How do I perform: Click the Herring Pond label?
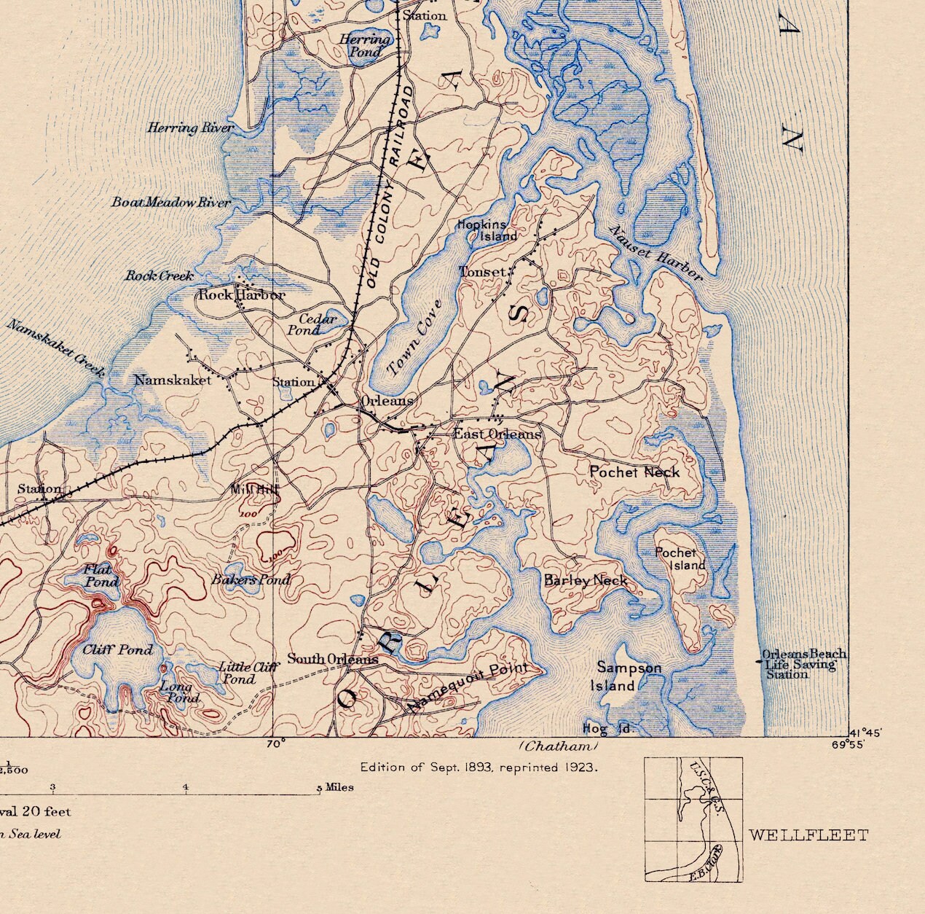pos(364,46)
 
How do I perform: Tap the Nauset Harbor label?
pos(656,252)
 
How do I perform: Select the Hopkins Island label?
pos(487,230)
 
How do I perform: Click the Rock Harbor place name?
pos(242,295)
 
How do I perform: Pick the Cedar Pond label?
pos(318,324)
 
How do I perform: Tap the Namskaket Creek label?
pos(56,347)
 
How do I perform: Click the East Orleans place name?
pos(497,434)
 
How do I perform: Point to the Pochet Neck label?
pos(634,472)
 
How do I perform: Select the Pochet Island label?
pos(680,559)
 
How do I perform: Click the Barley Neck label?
pos(586,581)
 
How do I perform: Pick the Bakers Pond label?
pos(251,580)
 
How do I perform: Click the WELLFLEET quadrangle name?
pos(808,835)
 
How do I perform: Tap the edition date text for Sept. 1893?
pos(479,767)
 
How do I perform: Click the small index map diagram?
pos(693,819)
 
